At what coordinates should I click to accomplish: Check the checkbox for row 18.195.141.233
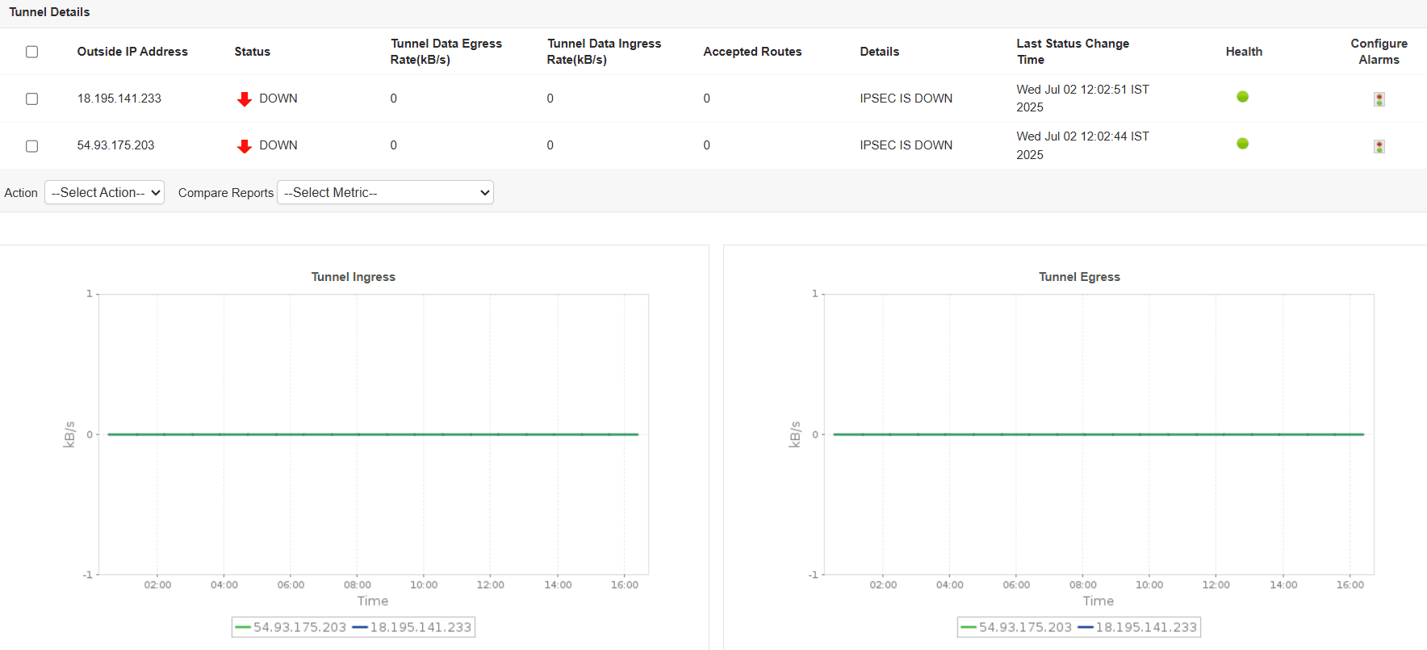pyautogui.click(x=32, y=99)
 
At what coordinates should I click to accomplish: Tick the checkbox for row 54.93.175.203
pyautogui.click(x=32, y=146)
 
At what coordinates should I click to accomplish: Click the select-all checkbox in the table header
pyautogui.click(x=32, y=52)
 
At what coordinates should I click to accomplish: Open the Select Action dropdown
pyautogui.click(x=104, y=192)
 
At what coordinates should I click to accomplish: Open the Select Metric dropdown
pyautogui.click(x=385, y=192)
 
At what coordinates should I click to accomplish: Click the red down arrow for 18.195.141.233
pyautogui.click(x=245, y=99)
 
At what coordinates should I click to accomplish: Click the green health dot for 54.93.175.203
pyautogui.click(x=1243, y=144)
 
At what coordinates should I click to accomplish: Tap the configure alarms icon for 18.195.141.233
pyautogui.click(x=1379, y=99)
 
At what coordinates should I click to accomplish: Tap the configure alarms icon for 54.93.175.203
pyautogui.click(x=1379, y=147)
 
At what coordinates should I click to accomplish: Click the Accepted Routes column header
pyautogui.click(x=752, y=52)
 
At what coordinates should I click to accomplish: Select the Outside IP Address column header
pyautogui.click(x=132, y=52)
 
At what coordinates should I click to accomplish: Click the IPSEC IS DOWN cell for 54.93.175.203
pyautogui.click(x=906, y=145)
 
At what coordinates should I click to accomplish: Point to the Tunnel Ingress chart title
pyautogui.click(x=354, y=277)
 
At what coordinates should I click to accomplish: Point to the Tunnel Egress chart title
pyautogui.click(x=1079, y=277)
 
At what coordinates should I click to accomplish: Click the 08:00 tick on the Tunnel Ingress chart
pyautogui.click(x=358, y=585)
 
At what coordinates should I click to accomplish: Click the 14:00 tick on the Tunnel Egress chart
pyautogui.click(x=1283, y=585)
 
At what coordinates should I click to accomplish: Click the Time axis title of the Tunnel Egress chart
pyautogui.click(x=1098, y=601)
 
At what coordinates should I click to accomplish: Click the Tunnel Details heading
pyautogui.click(x=49, y=12)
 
